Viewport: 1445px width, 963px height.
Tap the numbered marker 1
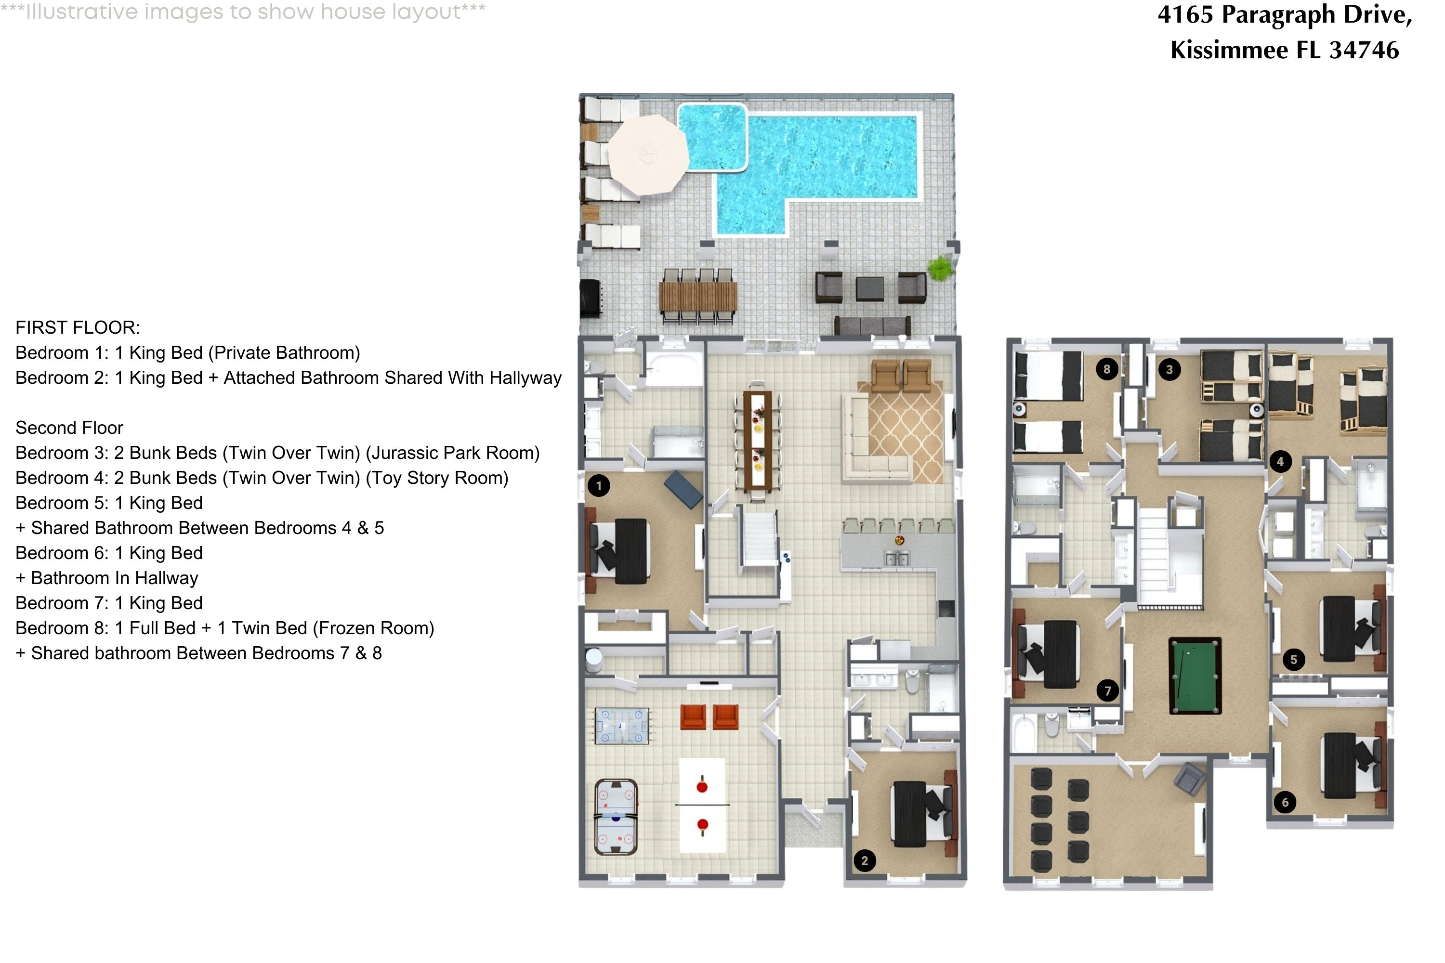(x=598, y=486)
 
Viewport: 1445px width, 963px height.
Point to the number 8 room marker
(x=1106, y=369)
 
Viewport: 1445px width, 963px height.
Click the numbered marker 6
(x=1285, y=802)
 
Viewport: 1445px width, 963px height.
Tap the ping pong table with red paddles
(x=702, y=805)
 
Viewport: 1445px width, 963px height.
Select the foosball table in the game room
(x=621, y=726)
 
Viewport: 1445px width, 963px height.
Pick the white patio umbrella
(x=648, y=154)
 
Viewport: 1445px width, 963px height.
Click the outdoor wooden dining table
(x=698, y=297)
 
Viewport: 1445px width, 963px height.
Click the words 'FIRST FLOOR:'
(x=78, y=327)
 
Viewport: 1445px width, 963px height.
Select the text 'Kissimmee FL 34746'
(x=1284, y=50)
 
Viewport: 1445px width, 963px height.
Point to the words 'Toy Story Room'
(x=437, y=478)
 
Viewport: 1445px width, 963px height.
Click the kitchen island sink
(x=896, y=558)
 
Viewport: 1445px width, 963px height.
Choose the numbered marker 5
(x=1293, y=660)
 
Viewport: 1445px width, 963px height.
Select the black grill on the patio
(x=591, y=299)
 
